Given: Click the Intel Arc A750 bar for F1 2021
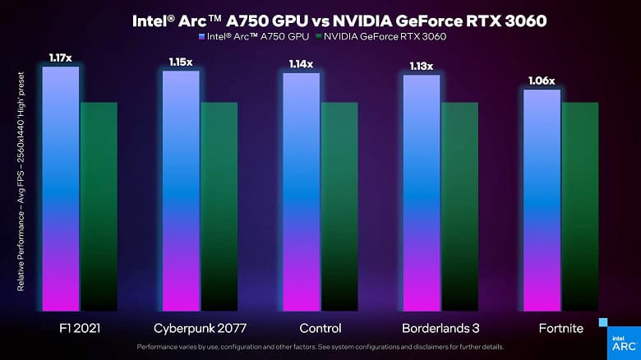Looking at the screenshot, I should point(61,189).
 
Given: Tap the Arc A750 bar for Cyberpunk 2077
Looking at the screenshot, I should point(181,192).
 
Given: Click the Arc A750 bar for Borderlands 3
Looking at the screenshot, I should point(421,194).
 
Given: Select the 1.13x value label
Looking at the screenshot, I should point(421,66).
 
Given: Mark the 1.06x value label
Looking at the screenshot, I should point(541,80).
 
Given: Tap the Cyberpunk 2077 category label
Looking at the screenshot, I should point(199,328).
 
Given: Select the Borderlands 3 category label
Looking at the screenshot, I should point(440,328).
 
